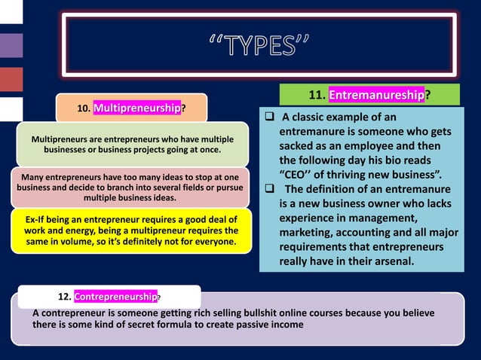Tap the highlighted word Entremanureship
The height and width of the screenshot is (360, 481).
coord(377,95)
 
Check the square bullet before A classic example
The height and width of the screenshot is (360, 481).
coord(268,117)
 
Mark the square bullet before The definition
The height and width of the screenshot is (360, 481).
coord(268,189)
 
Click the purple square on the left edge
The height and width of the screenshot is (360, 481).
coord(11,44)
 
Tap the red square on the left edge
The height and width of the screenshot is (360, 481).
coord(11,78)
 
